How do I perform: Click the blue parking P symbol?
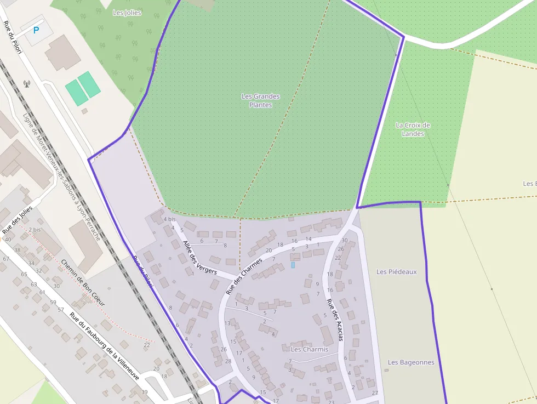pyautogui.click(x=36, y=30)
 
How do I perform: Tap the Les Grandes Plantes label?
pyautogui.click(x=260, y=100)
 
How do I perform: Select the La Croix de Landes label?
pyautogui.click(x=413, y=129)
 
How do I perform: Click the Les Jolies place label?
pyautogui.click(x=127, y=12)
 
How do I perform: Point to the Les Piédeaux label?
pyautogui.click(x=397, y=271)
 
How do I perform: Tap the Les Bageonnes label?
pyautogui.click(x=411, y=362)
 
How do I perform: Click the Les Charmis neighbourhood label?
pyautogui.click(x=310, y=349)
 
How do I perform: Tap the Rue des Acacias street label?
pyautogui.click(x=334, y=320)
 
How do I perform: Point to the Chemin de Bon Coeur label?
pyautogui.click(x=83, y=282)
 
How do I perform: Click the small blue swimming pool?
pyautogui.click(x=293, y=265)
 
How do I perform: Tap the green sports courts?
pyautogui.click(x=83, y=88)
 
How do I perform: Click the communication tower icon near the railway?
pyautogui.click(x=26, y=84)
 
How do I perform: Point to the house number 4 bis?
pyautogui.click(x=169, y=219)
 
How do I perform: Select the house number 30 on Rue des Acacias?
pyautogui.click(x=344, y=240)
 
